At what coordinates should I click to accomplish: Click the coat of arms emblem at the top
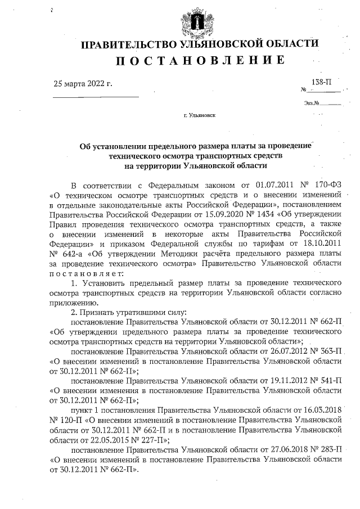[x=199, y=21]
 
